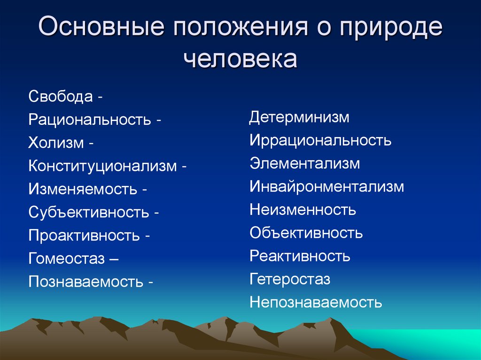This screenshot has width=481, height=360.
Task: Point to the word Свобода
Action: [61, 96]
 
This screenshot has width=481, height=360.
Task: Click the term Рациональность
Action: [90, 119]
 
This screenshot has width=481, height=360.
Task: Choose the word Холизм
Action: [56, 143]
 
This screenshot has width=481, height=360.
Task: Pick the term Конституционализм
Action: [103, 166]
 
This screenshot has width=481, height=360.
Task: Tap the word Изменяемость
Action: [83, 189]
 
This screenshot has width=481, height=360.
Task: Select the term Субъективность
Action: [89, 212]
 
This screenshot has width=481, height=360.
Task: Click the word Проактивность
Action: [84, 236]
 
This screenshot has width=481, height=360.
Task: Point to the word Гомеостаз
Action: [67, 259]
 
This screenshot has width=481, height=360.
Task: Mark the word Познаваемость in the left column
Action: [86, 282]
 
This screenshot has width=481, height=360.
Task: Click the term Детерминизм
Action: [299, 117]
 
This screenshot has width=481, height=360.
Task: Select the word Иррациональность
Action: [320, 140]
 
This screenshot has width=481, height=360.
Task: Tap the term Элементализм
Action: [304, 163]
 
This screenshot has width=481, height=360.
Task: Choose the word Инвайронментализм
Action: [327, 187]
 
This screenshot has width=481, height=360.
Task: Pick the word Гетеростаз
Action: [290, 279]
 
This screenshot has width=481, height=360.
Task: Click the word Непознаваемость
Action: [316, 302]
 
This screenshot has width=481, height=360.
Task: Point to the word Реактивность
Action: [300, 256]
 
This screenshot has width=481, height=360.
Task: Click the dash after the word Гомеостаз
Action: [114, 259]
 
